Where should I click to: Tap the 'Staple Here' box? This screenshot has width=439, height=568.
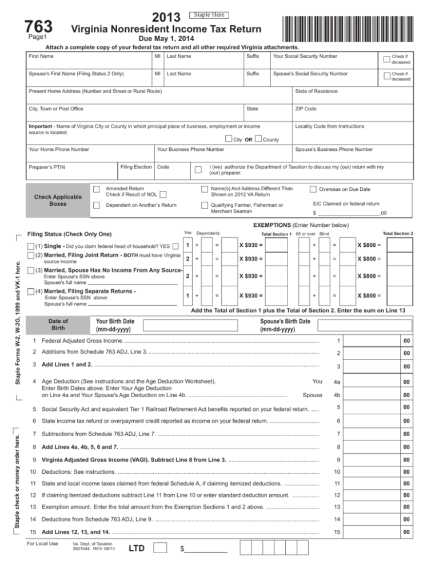coord(209,14)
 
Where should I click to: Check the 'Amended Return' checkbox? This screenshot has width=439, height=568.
coord(97,189)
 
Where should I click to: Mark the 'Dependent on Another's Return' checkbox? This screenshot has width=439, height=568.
coord(97,205)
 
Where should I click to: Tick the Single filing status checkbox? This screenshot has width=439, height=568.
coord(31,246)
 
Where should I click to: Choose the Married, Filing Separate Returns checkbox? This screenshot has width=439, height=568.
coord(31,292)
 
